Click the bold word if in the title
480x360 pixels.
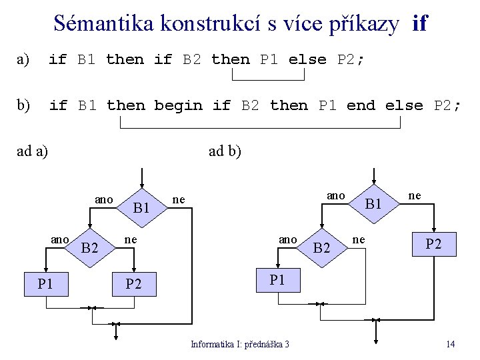(420, 24)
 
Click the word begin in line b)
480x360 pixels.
(178, 106)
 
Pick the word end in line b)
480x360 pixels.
(361, 106)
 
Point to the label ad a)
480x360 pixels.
(31, 151)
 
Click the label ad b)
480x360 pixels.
(225, 151)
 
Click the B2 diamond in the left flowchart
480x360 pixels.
(89, 249)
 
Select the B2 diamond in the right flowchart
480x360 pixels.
(322, 248)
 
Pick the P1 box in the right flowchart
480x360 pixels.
(277, 280)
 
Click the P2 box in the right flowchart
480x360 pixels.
(434, 244)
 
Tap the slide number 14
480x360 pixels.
(451, 344)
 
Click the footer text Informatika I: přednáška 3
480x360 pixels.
(240, 344)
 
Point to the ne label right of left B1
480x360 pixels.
(178, 199)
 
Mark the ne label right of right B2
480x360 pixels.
(359, 239)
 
